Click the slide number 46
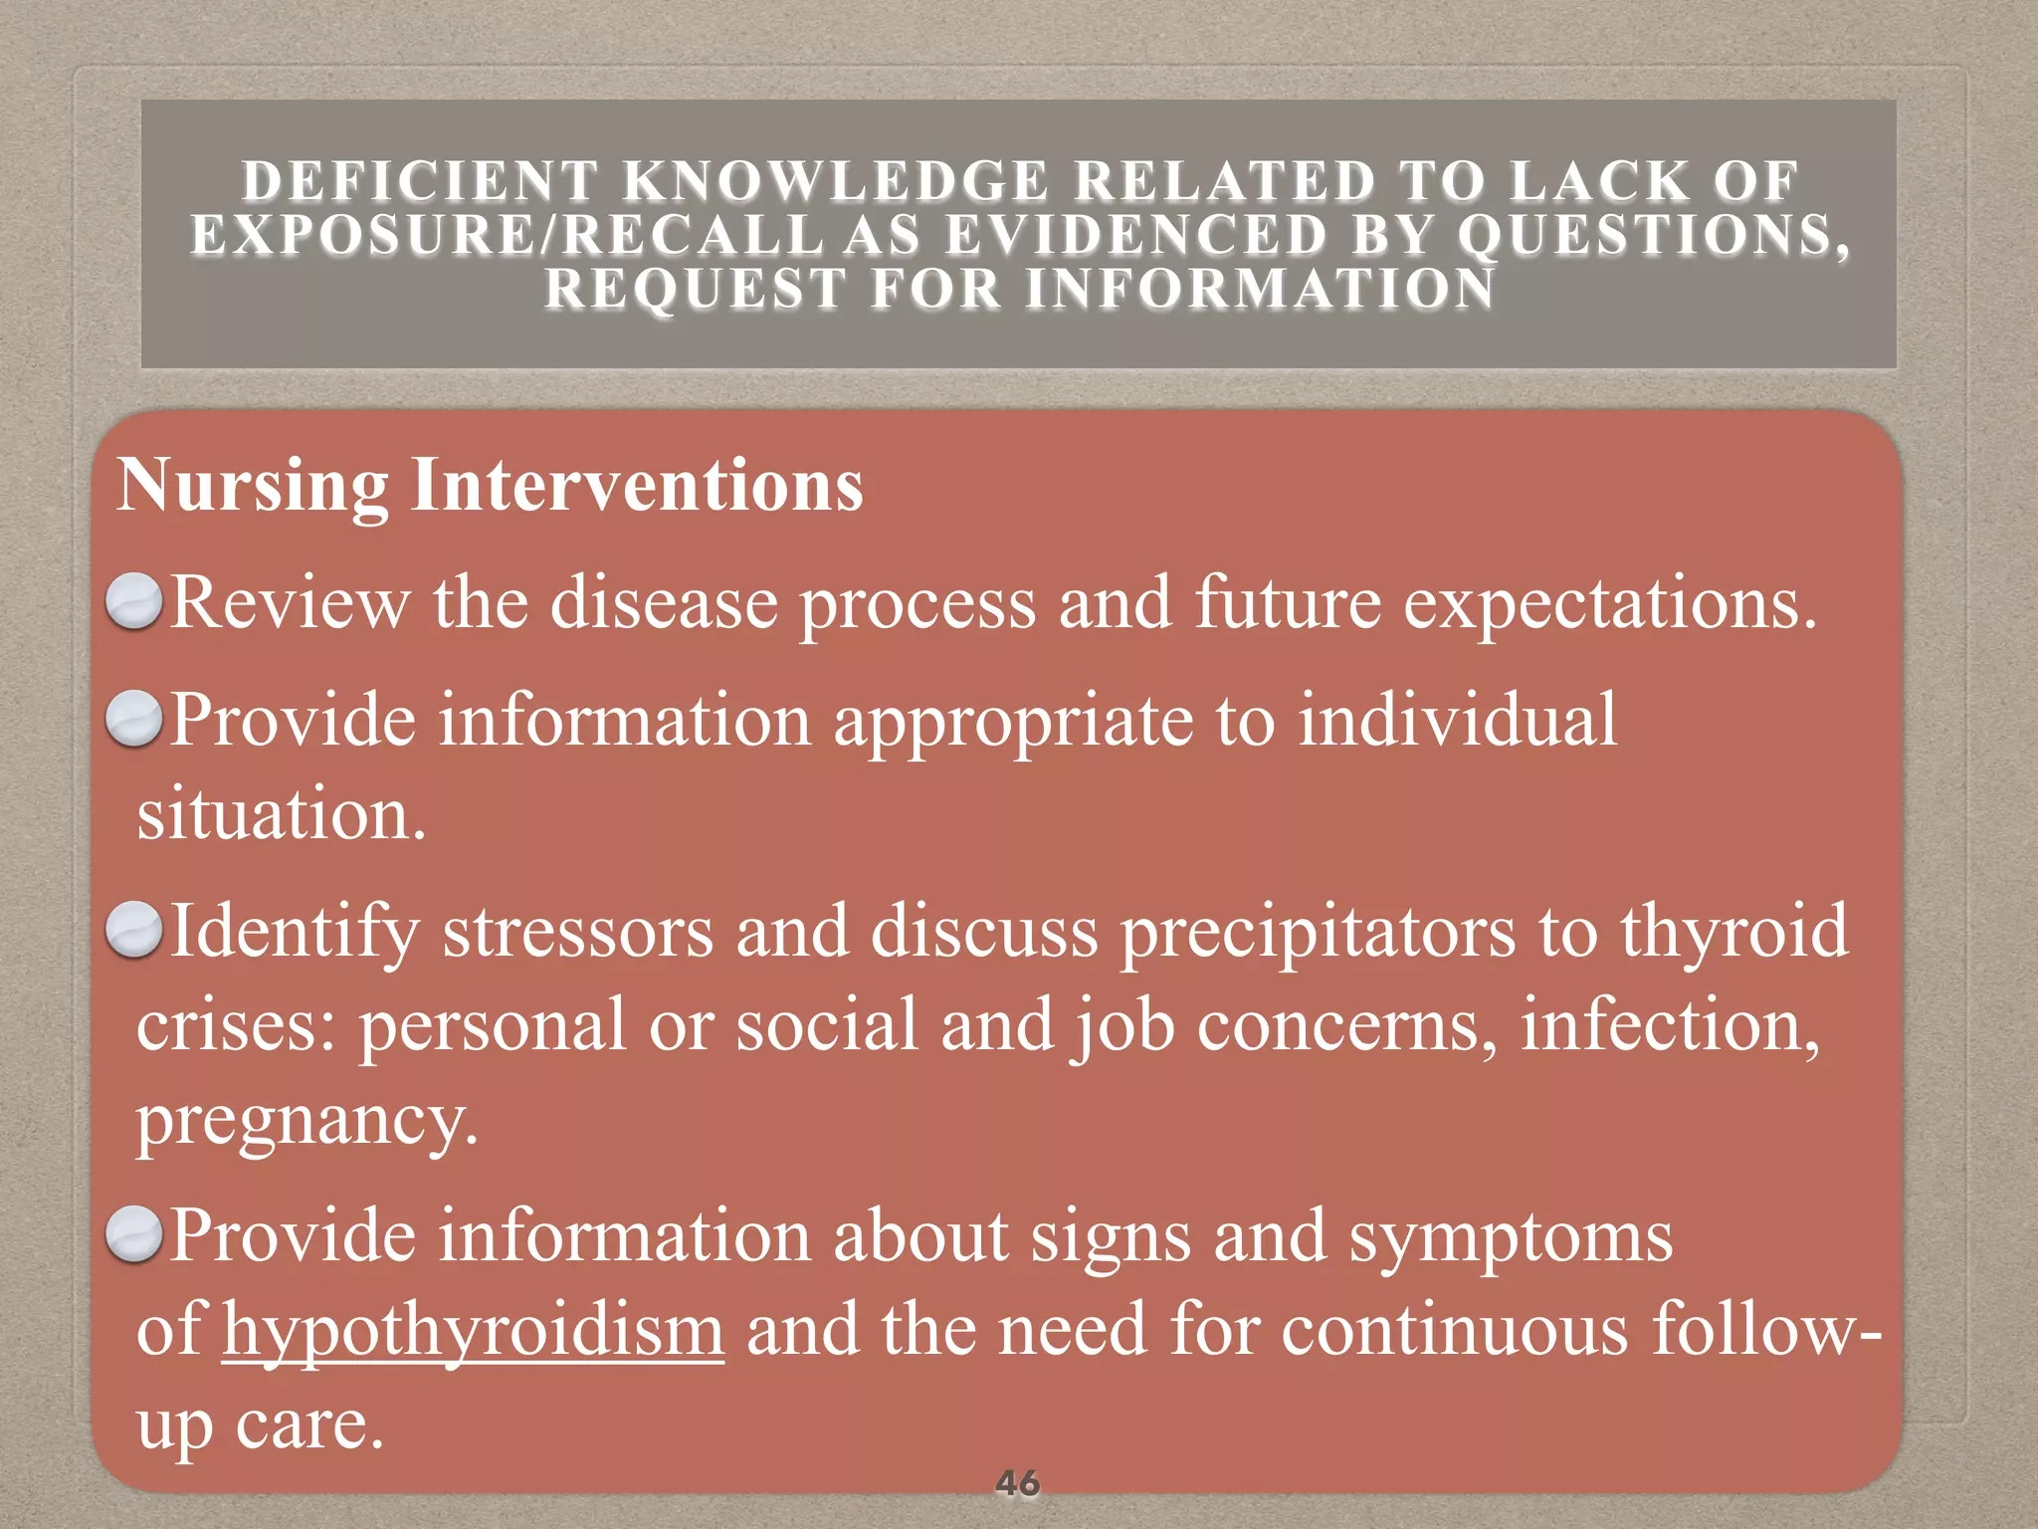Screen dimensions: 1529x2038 pos(1017,1483)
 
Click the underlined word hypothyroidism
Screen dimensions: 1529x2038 pos(473,1330)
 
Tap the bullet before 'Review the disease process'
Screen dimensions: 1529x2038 pos(134,602)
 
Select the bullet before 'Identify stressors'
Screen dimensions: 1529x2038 pos(134,930)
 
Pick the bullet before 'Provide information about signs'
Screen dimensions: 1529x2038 pos(134,1234)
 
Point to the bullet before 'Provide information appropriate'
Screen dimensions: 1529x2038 pos(134,719)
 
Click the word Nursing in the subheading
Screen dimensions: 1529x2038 pos(253,486)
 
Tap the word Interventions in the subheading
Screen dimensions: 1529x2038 pos(637,486)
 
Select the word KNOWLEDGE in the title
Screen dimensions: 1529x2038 pos(836,181)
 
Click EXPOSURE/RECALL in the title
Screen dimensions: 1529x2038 pos(508,235)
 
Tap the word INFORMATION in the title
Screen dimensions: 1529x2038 pos(1260,289)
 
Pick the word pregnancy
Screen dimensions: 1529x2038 pos(306,1121)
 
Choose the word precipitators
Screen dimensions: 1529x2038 pos(1318,932)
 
